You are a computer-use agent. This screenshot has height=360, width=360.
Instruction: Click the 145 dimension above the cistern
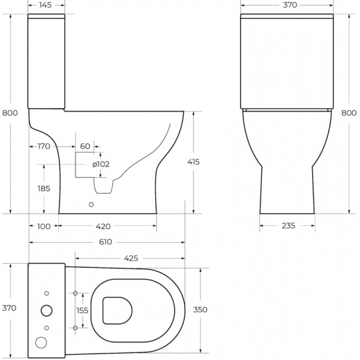pyautogui.click(x=45, y=5)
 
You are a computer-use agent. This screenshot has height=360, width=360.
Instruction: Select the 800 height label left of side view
pyautogui.click(x=9, y=113)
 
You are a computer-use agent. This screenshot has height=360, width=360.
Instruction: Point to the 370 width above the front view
pyautogui.click(x=289, y=5)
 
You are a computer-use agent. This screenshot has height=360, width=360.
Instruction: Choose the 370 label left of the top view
pyautogui.click(x=9, y=308)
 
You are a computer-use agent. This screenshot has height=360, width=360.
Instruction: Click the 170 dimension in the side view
pyautogui.click(x=43, y=146)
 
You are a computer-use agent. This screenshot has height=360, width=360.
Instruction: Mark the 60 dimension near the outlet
pyautogui.click(x=85, y=146)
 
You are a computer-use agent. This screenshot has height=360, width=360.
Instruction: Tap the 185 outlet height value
pyautogui.click(x=43, y=188)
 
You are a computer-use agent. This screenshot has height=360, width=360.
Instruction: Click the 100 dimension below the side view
pyautogui.click(x=43, y=226)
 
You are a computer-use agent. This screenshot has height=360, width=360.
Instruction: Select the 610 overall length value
pyautogui.click(x=105, y=242)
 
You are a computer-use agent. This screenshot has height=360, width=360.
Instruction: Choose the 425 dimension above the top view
pyautogui.click(x=131, y=258)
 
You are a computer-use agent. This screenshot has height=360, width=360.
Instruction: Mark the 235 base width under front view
pyautogui.click(x=288, y=226)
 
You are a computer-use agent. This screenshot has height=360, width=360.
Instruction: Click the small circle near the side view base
pyautogui.click(x=91, y=204)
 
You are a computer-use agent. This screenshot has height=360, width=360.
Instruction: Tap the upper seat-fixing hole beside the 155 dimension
pyautogui.click(x=76, y=293)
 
